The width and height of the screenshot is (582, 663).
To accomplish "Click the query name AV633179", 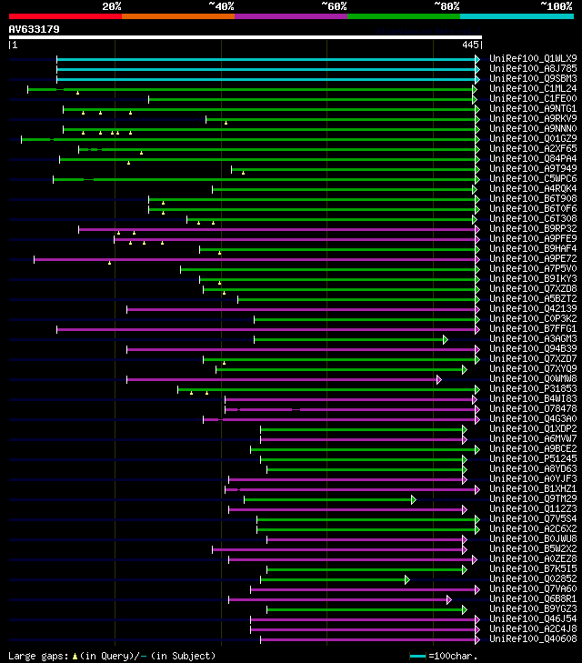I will click(x=34, y=29).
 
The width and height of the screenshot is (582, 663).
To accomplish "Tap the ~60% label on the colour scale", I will click(x=334, y=6).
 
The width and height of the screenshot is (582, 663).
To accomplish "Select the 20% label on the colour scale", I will click(x=112, y=6).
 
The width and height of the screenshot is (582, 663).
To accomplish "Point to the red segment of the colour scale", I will click(x=65, y=16).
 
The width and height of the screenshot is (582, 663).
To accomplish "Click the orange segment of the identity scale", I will click(x=177, y=16).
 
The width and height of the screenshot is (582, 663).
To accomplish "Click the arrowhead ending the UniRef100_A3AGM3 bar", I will click(x=446, y=339).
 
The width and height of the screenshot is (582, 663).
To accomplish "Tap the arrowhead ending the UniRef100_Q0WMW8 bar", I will click(x=438, y=379).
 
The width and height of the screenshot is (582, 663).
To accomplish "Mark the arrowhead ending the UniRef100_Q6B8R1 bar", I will click(x=448, y=599).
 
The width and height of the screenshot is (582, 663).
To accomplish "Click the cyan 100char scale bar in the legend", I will click(x=418, y=656).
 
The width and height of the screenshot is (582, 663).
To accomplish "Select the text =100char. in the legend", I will click(x=453, y=656).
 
